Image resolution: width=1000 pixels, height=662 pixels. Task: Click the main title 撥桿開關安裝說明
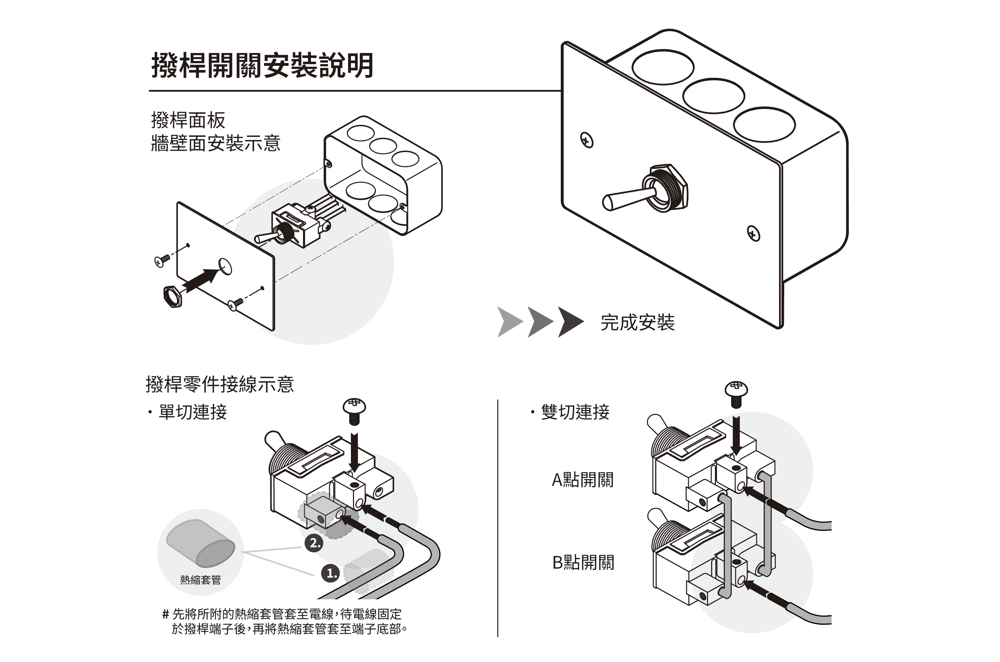tap(262, 65)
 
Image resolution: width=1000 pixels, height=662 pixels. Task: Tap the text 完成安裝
tap(637, 323)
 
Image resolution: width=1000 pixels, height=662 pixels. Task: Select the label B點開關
tap(583, 562)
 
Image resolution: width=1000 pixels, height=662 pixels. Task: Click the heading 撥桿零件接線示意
tap(220, 384)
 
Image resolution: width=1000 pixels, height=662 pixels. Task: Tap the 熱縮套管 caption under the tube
tap(201, 580)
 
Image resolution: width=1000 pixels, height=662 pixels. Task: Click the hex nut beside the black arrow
tap(172, 296)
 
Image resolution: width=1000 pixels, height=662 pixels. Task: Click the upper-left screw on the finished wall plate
tap(587, 140)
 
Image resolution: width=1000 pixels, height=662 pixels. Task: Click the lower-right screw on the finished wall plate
tap(754, 233)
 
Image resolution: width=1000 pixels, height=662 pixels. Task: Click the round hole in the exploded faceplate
tap(225, 266)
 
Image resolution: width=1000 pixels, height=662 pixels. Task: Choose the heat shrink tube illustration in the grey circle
tap(201, 542)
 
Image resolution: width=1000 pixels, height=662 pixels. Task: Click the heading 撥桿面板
tap(188, 120)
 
